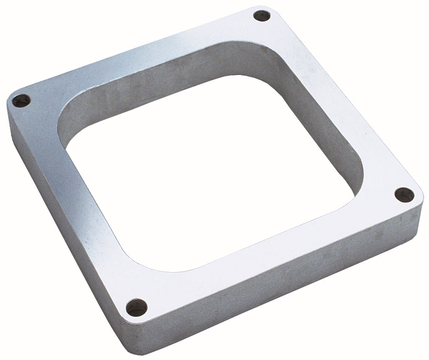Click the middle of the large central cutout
pyautogui.click(x=214, y=171)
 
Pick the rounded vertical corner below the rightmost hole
pyautogui.click(x=416, y=214)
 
